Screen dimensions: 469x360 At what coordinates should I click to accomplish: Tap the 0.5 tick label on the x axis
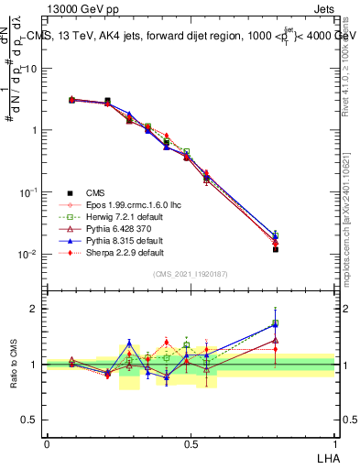pyautogui.click(x=191, y=443)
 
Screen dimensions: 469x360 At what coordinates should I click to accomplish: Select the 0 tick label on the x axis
pyautogui.click(x=47, y=443)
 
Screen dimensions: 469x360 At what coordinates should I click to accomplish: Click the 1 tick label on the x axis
pyautogui.click(x=334, y=443)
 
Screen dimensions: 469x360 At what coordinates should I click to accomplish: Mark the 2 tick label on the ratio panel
pyautogui.click(x=37, y=309)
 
